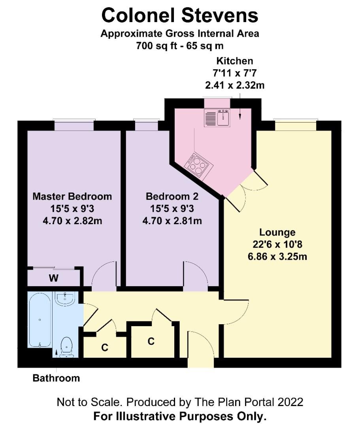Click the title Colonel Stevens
(x=179, y=15)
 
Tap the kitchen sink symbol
(x=217, y=118)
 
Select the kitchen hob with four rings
(x=199, y=165)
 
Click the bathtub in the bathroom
(x=40, y=320)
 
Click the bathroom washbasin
(x=65, y=299)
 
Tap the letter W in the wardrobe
(x=54, y=278)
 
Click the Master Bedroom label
(x=72, y=196)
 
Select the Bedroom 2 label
(x=172, y=196)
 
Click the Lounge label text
(x=277, y=232)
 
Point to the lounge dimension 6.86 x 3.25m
(x=277, y=257)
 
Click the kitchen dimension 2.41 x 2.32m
(x=235, y=85)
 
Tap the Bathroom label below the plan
(x=56, y=378)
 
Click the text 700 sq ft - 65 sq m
(x=180, y=46)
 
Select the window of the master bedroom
(x=74, y=125)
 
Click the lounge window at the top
(x=296, y=125)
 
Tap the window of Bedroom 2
(x=146, y=125)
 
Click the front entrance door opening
(x=201, y=362)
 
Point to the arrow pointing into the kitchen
(x=240, y=106)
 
